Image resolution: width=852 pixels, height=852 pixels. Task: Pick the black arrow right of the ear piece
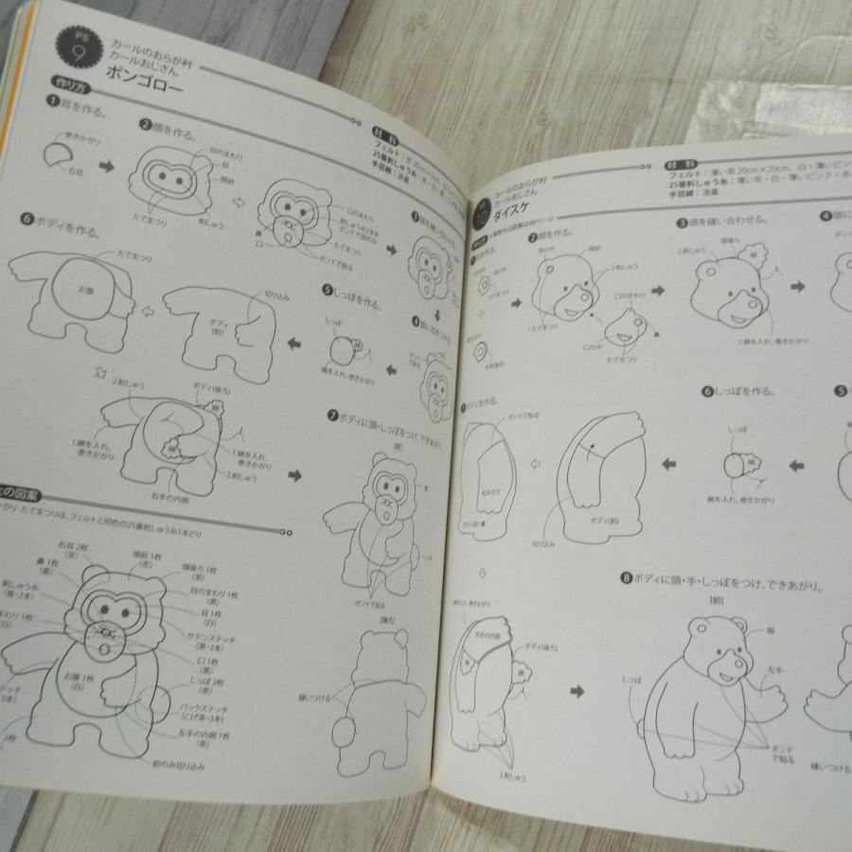(x=106, y=167)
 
